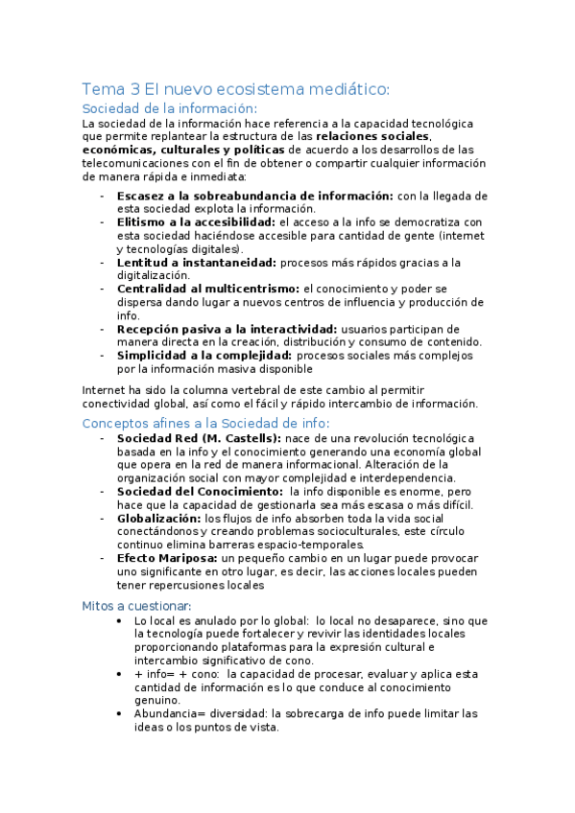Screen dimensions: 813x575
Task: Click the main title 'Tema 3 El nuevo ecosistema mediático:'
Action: [x=235, y=89]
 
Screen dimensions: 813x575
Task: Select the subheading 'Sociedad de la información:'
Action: [x=170, y=108]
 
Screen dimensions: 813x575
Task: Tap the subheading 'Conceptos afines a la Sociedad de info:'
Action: [x=205, y=423]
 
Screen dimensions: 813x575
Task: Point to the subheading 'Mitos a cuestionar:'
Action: [x=136, y=605]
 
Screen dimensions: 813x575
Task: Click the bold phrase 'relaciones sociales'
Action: [x=371, y=136]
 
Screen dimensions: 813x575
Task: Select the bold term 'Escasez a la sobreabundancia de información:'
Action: [x=254, y=196]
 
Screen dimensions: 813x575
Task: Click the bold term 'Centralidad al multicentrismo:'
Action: [x=208, y=288]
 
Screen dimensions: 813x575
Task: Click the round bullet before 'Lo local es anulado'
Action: [x=118, y=621]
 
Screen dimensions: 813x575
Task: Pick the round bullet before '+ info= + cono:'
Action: [x=118, y=674]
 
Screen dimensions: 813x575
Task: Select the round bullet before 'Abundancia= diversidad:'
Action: [x=118, y=714]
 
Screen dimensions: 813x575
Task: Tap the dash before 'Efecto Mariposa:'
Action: [x=103, y=557]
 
